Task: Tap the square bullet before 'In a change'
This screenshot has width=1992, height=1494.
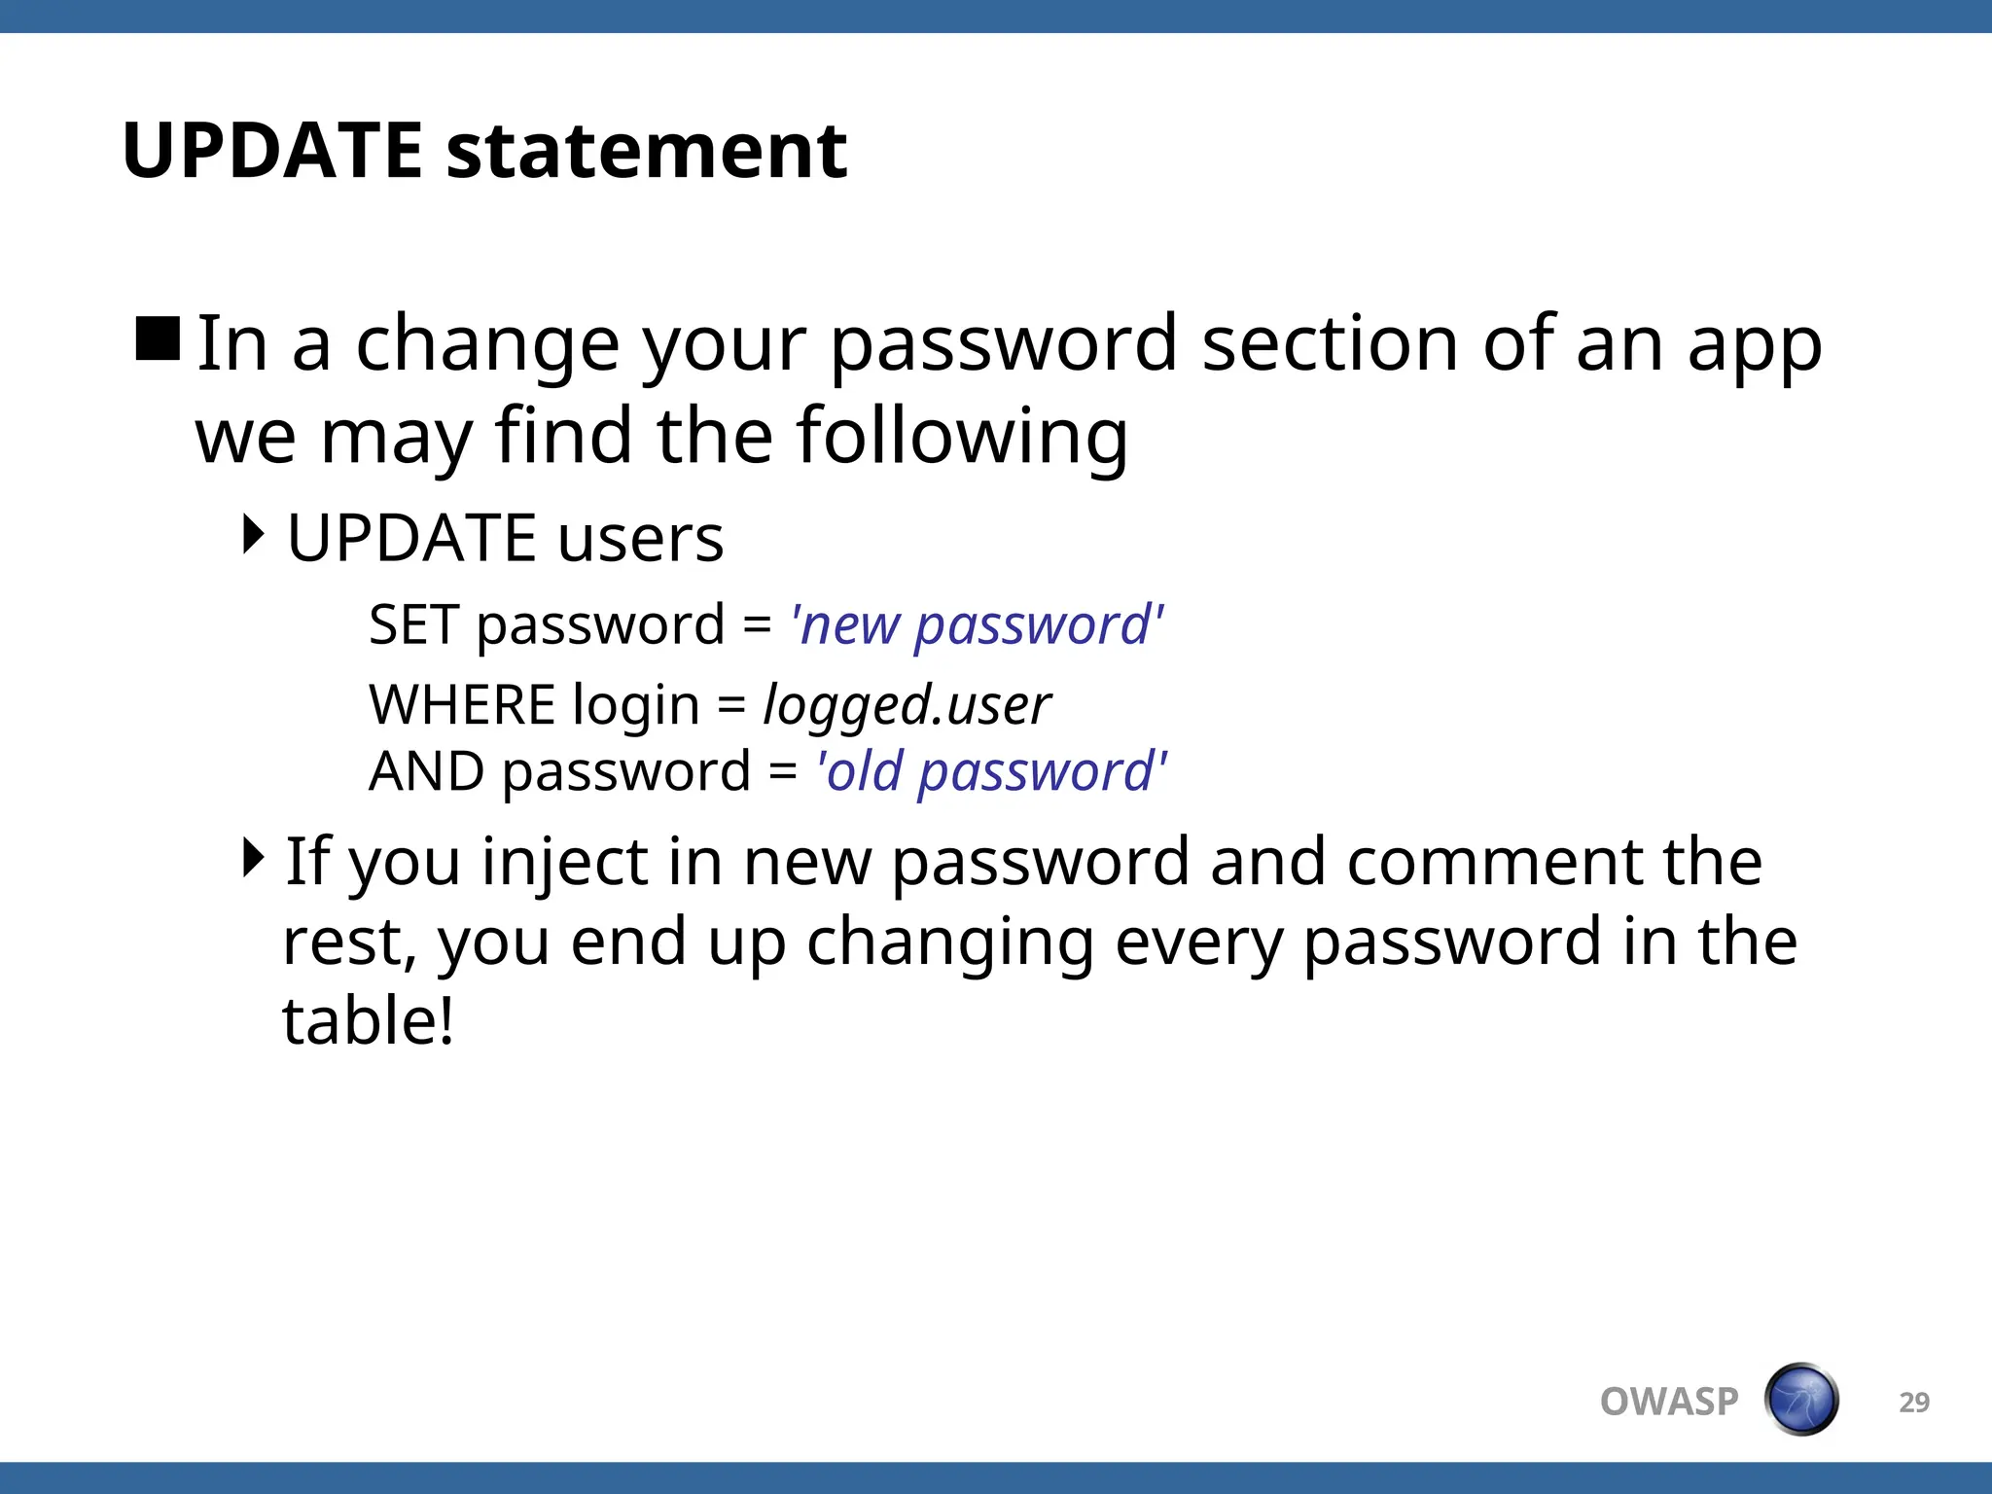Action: click(x=158, y=339)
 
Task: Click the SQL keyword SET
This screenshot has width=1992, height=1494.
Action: click(x=412, y=624)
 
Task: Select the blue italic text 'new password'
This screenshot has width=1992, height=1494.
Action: click(x=978, y=624)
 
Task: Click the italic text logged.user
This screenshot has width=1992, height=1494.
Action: click(x=907, y=704)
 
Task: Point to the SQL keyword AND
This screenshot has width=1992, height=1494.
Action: click(x=426, y=771)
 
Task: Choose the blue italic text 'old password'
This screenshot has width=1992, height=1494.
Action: click(x=992, y=771)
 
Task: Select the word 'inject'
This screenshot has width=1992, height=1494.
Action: click(x=564, y=863)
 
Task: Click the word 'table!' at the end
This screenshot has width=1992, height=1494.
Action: click(x=368, y=1021)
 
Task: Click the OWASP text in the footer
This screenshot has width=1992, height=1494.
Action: click(x=1668, y=1402)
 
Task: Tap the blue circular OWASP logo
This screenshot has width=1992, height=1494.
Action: click(x=1800, y=1400)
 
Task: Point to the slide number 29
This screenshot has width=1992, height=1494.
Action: click(x=1913, y=1402)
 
